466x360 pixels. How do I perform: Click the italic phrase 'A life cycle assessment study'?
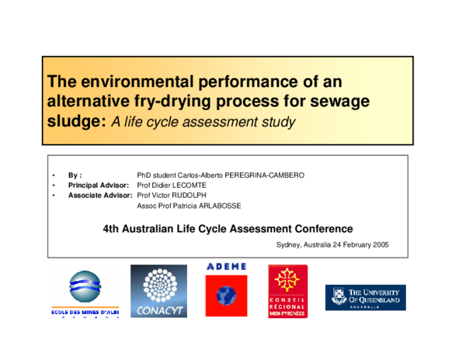point(204,123)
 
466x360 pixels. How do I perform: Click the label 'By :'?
point(75,175)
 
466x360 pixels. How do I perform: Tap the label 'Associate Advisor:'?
point(100,196)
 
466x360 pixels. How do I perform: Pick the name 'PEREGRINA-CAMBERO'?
point(265,175)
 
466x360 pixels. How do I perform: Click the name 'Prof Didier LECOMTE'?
point(178,186)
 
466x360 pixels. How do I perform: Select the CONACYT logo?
point(158,292)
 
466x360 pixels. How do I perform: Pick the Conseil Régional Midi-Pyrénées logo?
point(287,292)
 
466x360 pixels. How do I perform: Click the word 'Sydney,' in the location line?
point(290,244)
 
